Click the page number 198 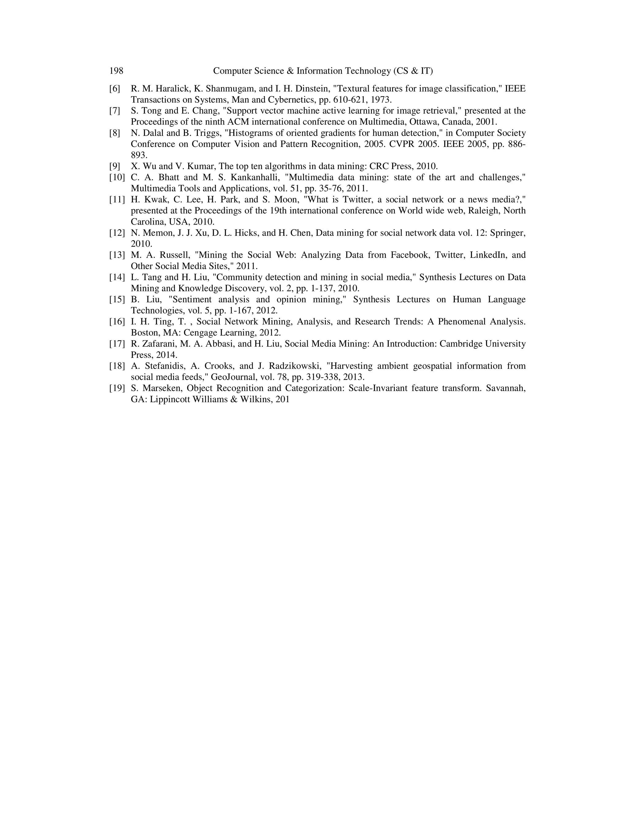pyautogui.click(x=116, y=71)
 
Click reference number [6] pyautogui.click(x=115, y=89)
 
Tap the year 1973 pyautogui.click(x=381, y=100)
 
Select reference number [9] pyautogui.click(x=115, y=166)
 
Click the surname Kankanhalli pyautogui.click(x=256, y=177)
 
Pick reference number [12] pyautogui.click(x=117, y=233)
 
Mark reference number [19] pyautogui.click(x=117, y=388)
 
